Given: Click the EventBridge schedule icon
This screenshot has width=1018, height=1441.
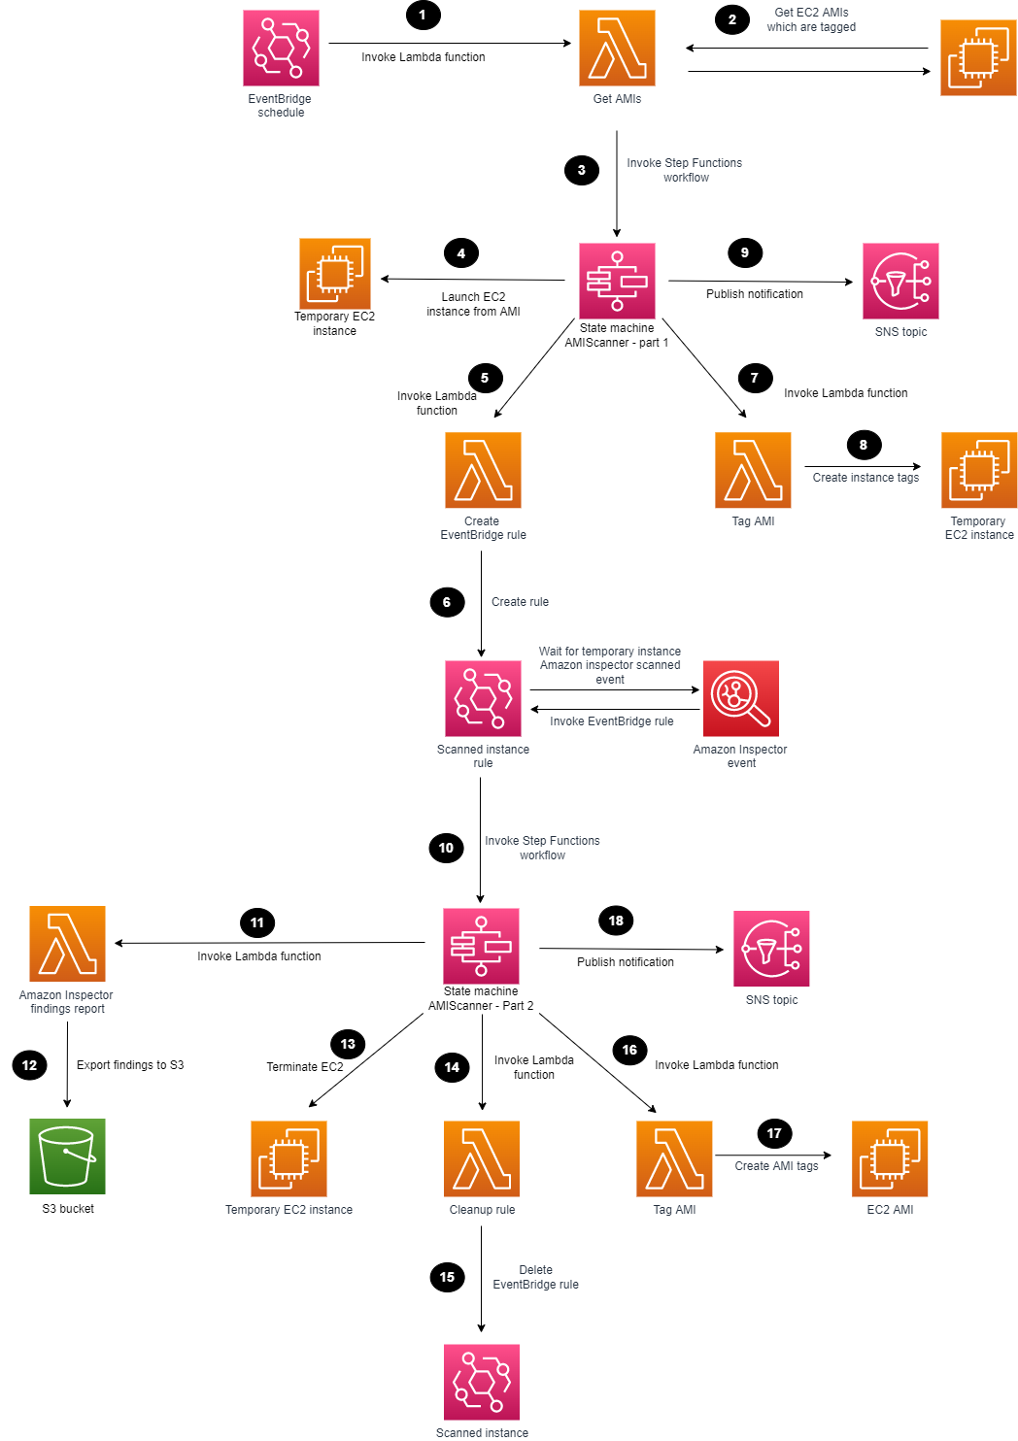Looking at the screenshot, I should coord(281,49).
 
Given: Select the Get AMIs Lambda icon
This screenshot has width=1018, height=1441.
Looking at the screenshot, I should coord(617,49).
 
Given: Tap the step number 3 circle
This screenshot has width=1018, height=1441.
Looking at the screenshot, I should coord(581,170).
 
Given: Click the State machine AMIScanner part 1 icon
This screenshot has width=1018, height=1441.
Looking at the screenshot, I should coord(617,281).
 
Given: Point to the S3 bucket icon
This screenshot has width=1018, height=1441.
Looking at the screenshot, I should coord(67,1156).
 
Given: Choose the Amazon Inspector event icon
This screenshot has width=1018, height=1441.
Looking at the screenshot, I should coord(741,698).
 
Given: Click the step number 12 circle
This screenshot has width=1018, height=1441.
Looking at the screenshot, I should coord(29,1065).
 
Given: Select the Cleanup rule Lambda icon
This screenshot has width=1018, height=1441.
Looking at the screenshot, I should coord(482,1158).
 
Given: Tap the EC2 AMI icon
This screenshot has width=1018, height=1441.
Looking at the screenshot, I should coord(890,1158).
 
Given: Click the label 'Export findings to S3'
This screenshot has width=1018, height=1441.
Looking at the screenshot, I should coord(130,1065).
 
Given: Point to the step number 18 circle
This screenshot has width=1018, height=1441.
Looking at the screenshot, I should coord(616,921).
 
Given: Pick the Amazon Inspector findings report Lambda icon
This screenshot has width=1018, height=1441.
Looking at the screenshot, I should coord(67,943).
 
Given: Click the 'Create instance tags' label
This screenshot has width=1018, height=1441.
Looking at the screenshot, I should coord(865,478).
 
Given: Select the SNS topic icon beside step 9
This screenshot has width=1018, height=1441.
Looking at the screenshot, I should coord(900,281).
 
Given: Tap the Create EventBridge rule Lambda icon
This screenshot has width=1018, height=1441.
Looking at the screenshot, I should coord(483,470).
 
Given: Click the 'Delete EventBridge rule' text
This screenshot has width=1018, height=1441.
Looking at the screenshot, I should coord(535,1277).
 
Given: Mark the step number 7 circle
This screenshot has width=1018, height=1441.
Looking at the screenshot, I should coord(755,378).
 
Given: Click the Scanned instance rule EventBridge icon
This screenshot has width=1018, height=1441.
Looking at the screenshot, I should coord(483,698).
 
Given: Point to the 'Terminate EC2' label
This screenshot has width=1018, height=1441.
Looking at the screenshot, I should coord(305,1067).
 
